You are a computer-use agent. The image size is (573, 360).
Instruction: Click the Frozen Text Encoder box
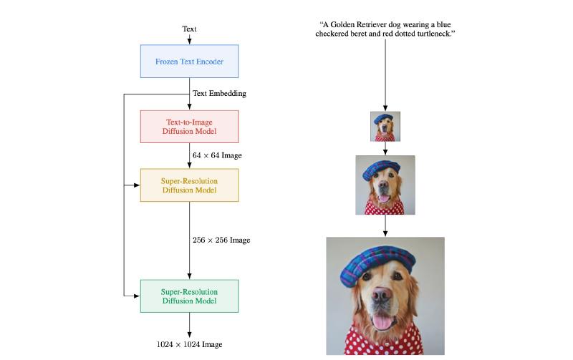click(x=189, y=62)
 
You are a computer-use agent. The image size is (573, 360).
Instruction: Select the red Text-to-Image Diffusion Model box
click(x=189, y=126)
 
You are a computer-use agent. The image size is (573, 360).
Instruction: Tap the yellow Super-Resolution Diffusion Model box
click(x=189, y=185)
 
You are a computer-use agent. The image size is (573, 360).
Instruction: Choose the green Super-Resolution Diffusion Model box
click(x=189, y=296)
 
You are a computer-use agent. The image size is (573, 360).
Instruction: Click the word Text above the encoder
click(x=189, y=29)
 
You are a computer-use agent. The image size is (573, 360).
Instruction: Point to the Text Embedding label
click(x=219, y=94)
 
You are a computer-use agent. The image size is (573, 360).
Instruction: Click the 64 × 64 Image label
click(x=217, y=155)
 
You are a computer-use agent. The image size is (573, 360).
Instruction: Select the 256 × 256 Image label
click(x=221, y=240)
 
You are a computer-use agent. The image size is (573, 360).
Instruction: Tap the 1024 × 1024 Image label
click(x=189, y=344)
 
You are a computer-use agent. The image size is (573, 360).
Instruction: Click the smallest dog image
click(x=385, y=127)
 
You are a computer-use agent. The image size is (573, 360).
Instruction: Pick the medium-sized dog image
click(x=385, y=185)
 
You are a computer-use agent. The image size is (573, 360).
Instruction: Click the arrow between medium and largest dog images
click(x=385, y=226)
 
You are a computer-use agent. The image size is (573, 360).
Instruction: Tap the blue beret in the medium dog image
click(x=380, y=168)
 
